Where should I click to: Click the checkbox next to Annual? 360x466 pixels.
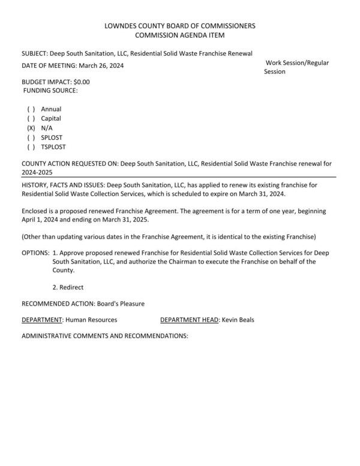pyautogui.click(x=31, y=109)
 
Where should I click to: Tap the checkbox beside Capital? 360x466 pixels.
pyautogui.click(x=31, y=119)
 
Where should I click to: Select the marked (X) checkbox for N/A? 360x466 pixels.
pyautogui.click(x=31, y=129)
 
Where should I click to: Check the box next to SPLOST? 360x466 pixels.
pyautogui.click(x=31, y=138)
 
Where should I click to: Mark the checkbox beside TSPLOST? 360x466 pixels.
pyautogui.click(x=31, y=147)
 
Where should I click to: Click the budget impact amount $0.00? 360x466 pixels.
pyautogui.click(x=81, y=81)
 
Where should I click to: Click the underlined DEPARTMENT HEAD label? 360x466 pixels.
pyautogui.click(x=190, y=320)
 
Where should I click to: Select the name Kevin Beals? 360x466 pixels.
pyautogui.click(x=238, y=320)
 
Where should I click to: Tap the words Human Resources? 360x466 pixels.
pyautogui.click(x=91, y=320)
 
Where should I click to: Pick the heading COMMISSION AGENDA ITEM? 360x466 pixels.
pyautogui.click(x=180, y=36)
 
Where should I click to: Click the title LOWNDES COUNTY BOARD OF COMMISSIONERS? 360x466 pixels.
pyautogui.click(x=180, y=26)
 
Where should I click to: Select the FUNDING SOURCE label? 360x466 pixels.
pyautogui.click(x=51, y=90)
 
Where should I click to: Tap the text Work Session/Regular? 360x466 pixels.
pyautogui.click(x=298, y=63)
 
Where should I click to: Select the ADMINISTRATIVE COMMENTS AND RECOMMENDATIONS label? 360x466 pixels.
pyautogui.click(x=105, y=336)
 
